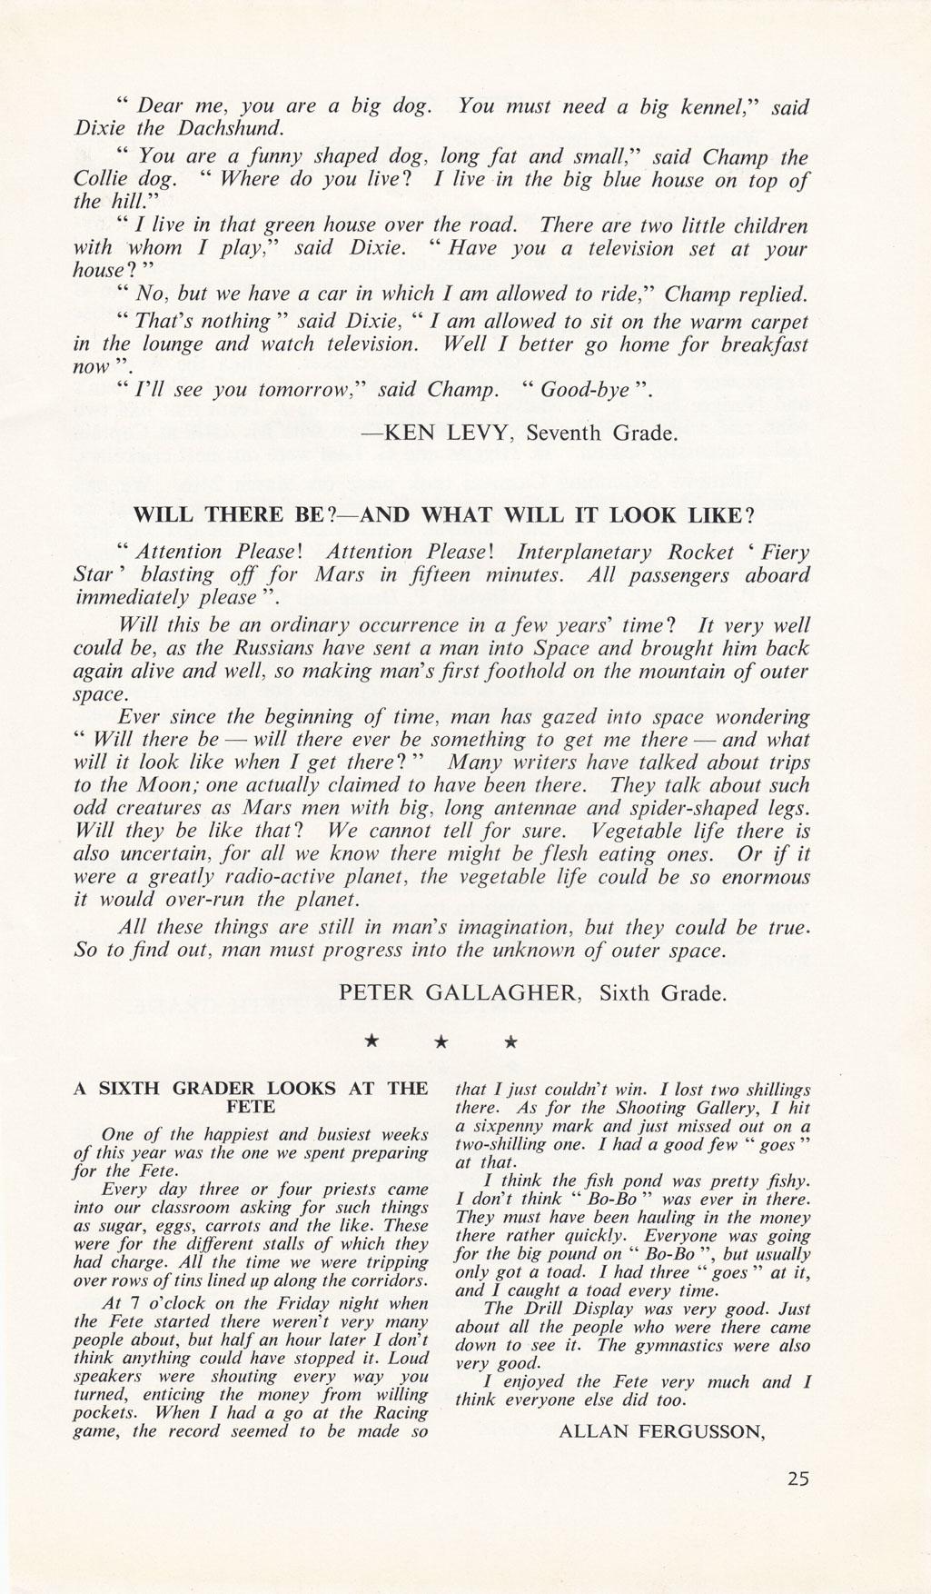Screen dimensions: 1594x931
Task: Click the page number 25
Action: coord(797,1479)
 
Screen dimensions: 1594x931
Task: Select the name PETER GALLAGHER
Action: coord(459,993)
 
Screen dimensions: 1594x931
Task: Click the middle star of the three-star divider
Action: coord(440,1042)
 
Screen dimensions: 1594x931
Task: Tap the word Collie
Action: coord(99,180)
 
